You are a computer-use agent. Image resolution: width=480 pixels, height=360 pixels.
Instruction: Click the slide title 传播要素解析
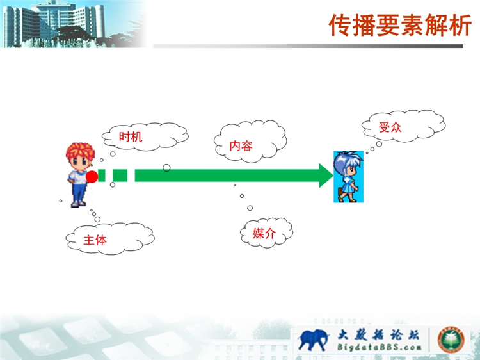click(400, 25)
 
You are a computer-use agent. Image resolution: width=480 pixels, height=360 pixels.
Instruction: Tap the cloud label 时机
click(131, 136)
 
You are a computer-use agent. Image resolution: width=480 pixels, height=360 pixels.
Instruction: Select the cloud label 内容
click(241, 146)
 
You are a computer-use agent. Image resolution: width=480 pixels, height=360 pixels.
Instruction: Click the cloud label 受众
click(390, 127)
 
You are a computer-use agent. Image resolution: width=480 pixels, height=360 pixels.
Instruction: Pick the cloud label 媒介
click(264, 233)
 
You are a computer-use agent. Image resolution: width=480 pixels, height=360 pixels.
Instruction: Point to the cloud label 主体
click(95, 240)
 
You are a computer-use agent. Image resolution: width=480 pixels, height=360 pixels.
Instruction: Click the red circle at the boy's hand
click(92, 177)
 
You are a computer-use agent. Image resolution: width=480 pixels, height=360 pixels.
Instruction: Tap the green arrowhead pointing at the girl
click(326, 176)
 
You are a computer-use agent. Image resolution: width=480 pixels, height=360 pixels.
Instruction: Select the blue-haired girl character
click(348, 176)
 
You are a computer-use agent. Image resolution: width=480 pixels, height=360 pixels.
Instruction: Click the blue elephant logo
click(314, 340)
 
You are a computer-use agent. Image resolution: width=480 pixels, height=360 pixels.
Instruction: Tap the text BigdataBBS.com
click(380, 347)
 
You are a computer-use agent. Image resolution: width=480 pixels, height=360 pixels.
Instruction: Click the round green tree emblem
click(451, 340)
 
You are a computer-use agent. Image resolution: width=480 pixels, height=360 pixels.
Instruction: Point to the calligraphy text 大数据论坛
click(378, 334)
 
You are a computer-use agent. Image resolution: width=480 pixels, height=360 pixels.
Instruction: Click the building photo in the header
click(74, 24)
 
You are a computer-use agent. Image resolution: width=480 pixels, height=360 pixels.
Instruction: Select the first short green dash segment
click(102, 176)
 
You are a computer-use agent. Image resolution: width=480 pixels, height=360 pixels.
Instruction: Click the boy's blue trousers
click(78, 192)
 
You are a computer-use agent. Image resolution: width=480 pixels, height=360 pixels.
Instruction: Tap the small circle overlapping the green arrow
click(166, 168)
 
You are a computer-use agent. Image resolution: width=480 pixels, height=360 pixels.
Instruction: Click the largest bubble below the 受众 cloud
click(379, 144)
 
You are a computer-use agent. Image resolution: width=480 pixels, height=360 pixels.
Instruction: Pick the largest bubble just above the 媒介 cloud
click(250, 208)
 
